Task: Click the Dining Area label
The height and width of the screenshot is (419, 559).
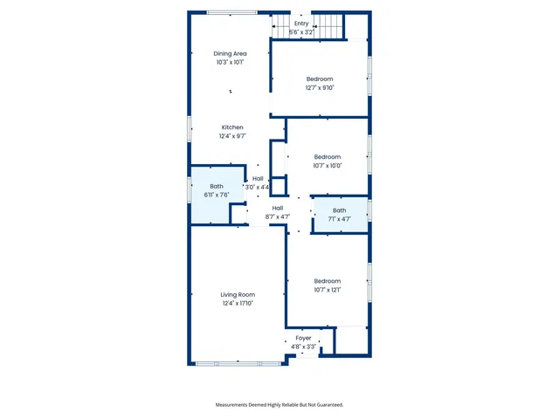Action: click(x=231, y=54)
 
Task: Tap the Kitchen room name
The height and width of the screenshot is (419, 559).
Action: click(x=231, y=127)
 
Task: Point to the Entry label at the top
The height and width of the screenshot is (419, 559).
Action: click(x=300, y=24)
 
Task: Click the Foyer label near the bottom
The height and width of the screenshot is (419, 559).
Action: click(x=303, y=338)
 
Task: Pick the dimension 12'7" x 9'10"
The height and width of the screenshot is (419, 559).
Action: click(x=320, y=87)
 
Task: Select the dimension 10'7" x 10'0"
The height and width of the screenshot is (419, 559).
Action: click(x=327, y=165)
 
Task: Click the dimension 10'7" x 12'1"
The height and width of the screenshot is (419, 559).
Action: click(x=327, y=290)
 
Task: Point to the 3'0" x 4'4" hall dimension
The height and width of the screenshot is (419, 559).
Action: click(x=257, y=187)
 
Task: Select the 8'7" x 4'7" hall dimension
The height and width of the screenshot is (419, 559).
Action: click(x=277, y=216)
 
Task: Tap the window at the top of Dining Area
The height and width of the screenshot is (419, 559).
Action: click(x=232, y=12)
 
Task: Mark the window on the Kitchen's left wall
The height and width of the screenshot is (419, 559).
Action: click(x=190, y=128)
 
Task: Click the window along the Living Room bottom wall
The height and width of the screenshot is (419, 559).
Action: click(x=237, y=363)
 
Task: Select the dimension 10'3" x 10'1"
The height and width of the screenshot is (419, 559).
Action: click(x=231, y=62)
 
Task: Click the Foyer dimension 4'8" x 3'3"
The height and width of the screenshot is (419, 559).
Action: click(x=303, y=346)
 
